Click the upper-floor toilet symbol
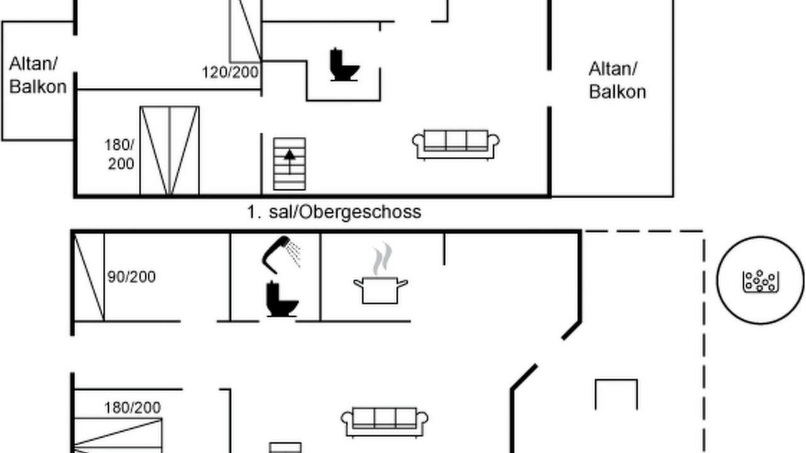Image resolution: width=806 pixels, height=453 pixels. pos(344,65)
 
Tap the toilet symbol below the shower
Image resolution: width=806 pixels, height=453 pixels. pos(282,299)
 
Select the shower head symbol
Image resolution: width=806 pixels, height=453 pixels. pos(281,254)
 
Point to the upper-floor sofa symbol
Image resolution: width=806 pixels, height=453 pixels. pos(456,145)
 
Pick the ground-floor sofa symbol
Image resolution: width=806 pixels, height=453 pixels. pos(384,422)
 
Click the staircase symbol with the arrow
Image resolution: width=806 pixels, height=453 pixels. pos(290,164)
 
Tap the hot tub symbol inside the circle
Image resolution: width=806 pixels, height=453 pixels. pos(761,281)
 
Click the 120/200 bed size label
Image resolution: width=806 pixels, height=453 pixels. pos(230,72)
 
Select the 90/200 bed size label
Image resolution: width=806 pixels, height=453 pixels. pos(132,277)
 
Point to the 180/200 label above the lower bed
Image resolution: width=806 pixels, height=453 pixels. pos(132,408)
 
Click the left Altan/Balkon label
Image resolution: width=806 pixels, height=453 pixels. pos(38,75)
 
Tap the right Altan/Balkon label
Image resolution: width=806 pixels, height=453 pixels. pos(618,80)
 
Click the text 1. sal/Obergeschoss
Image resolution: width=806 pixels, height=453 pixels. pos(334,212)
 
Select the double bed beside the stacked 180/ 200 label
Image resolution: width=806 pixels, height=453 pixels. pos(169,150)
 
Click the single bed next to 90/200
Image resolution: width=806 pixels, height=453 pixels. pos(89,277)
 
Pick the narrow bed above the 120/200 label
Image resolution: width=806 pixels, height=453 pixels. pos(246,31)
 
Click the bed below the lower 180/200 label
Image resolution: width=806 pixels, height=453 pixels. pos(118,435)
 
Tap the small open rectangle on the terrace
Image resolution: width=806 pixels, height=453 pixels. pos(616,394)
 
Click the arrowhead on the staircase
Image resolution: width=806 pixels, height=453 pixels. pos(290,155)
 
